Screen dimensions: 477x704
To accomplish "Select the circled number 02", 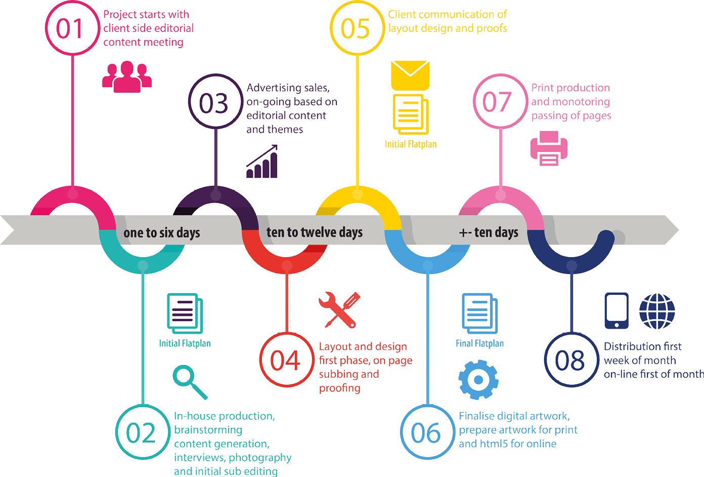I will [x=142, y=432].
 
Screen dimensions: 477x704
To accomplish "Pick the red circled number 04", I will [x=286, y=360].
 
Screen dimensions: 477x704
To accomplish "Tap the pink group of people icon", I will [x=127, y=76].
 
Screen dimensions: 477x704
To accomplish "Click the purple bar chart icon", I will [x=262, y=162].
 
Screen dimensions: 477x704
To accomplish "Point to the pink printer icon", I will [x=549, y=148].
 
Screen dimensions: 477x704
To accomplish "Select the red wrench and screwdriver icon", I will [x=339, y=309].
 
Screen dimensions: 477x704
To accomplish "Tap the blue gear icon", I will [x=478, y=380].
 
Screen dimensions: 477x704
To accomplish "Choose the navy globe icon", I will [x=657, y=311].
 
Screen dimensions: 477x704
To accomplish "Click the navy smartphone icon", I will [x=617, y=311].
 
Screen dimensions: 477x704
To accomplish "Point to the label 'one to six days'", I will [x=162, y=232].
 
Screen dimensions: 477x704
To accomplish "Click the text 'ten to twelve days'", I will [x=315, y=232].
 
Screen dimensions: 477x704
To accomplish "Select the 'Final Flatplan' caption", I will [x=479, y=343].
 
